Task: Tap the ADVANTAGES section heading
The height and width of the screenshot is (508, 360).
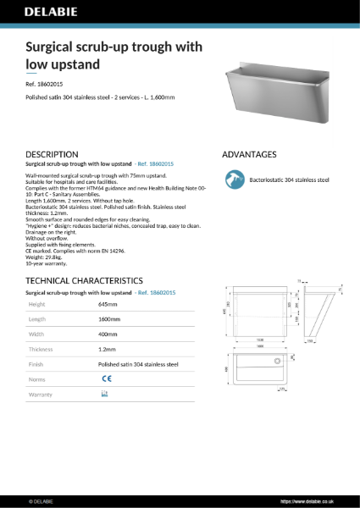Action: [x=249, y=154]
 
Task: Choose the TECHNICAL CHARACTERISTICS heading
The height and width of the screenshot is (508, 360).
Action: [x=84, y=279]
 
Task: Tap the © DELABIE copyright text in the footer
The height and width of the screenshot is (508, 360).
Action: [x=42, y=500]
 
